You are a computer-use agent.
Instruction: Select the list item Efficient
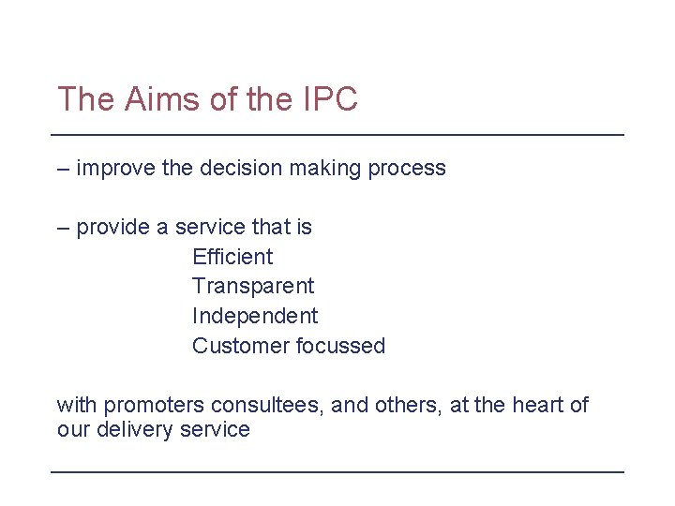tap(232, 257)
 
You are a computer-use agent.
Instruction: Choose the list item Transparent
tap(253, 286)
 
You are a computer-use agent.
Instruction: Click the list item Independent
tap(255, 316)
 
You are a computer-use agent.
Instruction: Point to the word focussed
tap(341, 346)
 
